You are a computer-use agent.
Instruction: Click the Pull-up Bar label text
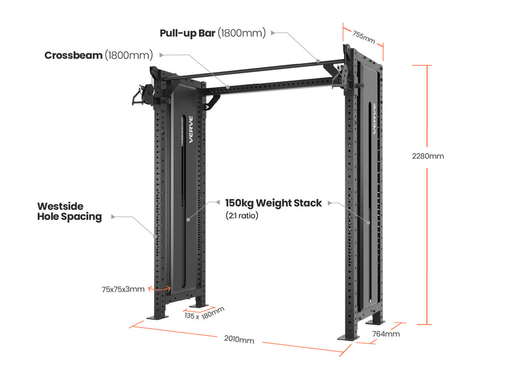click(x=212, y=33)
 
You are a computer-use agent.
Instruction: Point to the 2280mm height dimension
click(x=428, y=156)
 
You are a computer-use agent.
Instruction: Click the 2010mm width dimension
click(x=239, y=339)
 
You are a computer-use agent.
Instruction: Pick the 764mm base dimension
click(x=386, y=334)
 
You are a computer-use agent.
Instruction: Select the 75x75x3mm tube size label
click(x=123, y=289)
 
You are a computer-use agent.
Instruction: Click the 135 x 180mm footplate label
click(x=204, y=313)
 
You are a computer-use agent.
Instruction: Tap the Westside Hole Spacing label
click(x=69, y=211)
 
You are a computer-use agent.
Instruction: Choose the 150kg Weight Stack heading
click(x=273, y=203)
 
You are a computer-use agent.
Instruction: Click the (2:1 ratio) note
click(x=242, y=215)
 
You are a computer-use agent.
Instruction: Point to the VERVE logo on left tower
click(x=190, y=129)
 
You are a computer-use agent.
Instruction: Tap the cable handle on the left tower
click(x=138, y=96)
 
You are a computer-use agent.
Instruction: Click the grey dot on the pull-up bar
click(x=318, y=60)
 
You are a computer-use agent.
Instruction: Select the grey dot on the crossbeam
click(x=229, y=87)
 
